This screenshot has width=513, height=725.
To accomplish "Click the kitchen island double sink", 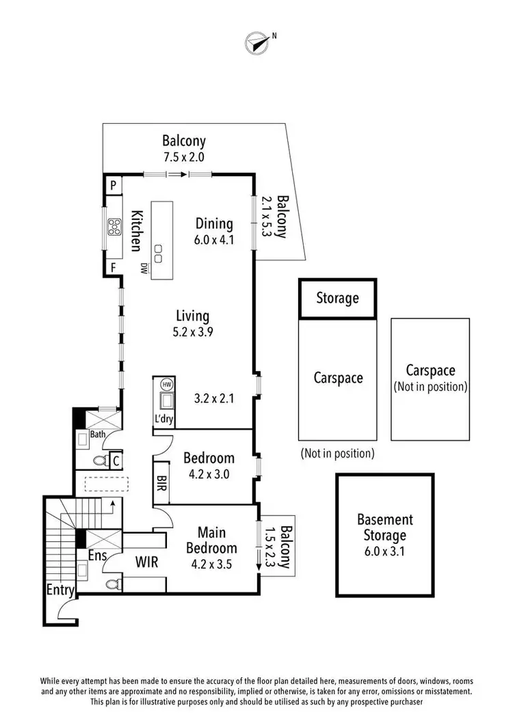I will tap(159, 254).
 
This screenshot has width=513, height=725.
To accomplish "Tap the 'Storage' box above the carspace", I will tap(337, 299).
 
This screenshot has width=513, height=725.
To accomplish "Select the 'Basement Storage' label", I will tap(384, 528).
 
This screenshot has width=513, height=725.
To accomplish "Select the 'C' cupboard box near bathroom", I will tap(116, 461).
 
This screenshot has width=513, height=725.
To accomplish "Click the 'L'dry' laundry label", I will tap(165, 420).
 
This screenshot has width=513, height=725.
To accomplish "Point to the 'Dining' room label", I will tap(214, 223).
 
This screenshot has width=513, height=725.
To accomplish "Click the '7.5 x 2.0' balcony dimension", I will tap(183, 156).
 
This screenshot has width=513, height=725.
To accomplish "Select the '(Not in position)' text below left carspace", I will tap(337, 453).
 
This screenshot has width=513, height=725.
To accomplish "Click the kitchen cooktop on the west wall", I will tap(113, 225).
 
